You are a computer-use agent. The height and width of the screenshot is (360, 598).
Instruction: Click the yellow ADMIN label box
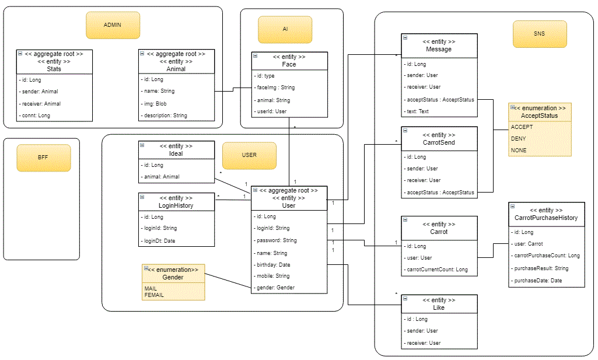pyautogui.click(x=113, y=26)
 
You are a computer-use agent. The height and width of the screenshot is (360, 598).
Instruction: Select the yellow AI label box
pyautogui.click(x=285, y=29)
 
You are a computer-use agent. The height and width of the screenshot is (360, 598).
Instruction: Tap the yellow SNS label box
pyautogui.click(x=539, y=34)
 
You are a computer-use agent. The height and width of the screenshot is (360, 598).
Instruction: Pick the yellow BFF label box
pyautogui.click(x=43, y=158)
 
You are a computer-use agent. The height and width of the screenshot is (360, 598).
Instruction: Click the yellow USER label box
pyautogui.click(x=249, y=155)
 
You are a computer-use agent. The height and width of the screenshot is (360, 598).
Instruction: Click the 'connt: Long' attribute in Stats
pyautogui.click(x=36, y=116)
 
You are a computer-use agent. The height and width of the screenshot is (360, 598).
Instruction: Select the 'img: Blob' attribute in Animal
pyautogui.click(x=153, y=103)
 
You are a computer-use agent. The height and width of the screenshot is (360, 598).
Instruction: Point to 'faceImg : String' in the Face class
pyautogui.click(x=275, y=88)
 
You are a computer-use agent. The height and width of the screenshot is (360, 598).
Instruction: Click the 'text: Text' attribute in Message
pyautogui.click(x=417, y=111)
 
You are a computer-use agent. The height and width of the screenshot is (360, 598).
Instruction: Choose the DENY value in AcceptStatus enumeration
pyautogui.click(x=518, y=139)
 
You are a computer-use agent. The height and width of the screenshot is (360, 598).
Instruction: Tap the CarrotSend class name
pyautogui.click(x=439, y=142)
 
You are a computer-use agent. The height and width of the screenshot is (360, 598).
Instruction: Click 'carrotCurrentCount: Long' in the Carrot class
pyautogui.click(x=436, y=270)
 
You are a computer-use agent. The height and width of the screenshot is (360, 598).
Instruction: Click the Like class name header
pyautogui.click(x=439, y=307)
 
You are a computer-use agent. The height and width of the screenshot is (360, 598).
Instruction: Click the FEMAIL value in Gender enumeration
pyautogui.click(x=154, y=295)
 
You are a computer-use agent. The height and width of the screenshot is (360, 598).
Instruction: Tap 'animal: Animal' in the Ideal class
pyautogui.click(x=161, y=177)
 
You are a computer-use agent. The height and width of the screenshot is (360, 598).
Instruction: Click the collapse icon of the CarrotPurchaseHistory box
pyautogui.click(x=512, y=207)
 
